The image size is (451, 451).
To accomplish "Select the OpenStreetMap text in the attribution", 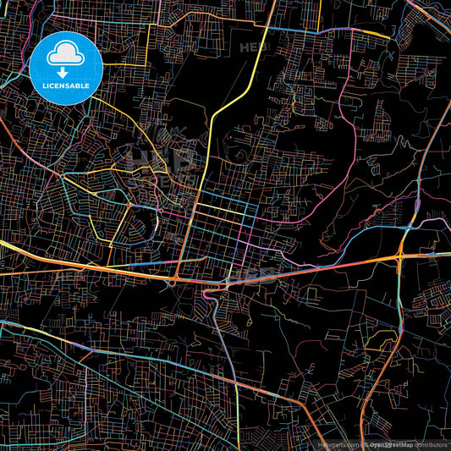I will [x=390, y=443].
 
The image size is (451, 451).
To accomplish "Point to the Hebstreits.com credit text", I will [x=338, y=443].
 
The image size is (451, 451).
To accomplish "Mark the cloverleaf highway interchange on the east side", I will [x=403, y=253].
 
